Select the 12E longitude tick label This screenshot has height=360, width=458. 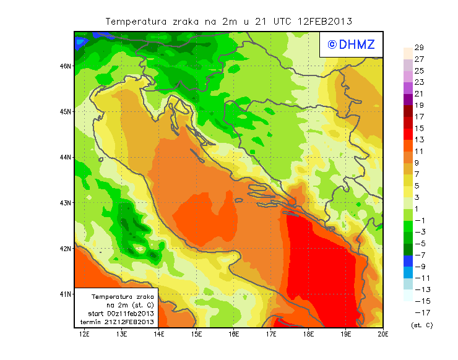tap(84, 334)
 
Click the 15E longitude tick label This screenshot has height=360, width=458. tap(197, 334)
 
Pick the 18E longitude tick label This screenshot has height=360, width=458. tap(309, 334)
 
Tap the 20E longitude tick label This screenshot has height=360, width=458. tap(383, 334)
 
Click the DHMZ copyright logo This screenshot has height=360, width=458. tap(351, 45)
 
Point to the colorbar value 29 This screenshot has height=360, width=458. tap(419, 48)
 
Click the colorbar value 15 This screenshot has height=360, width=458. tap(419, 128)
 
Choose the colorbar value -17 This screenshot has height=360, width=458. tap(419, 313)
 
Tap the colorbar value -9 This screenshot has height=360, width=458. tap(419, 267)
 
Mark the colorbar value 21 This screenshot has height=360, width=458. tap(419, 93)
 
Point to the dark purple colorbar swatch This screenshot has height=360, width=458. tap(407, 99)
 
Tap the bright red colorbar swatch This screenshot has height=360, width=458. tap(407, 134)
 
